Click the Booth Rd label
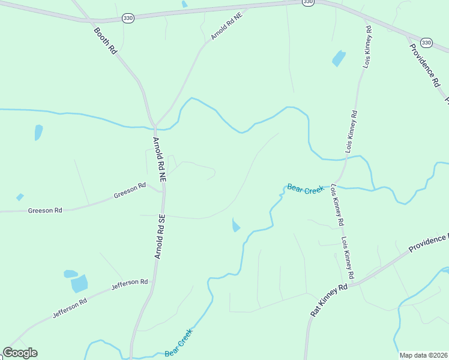tap(104, 41)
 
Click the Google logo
tap(20, 353)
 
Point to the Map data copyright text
tap(423, 355)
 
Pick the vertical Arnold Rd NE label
tap(158, 160)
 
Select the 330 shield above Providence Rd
tap(426, 42)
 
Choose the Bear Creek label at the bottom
tap(178, 343)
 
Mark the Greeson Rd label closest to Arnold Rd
tap(130, 191)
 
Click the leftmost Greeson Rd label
tap(45, 211)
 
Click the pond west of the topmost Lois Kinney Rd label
tap(339, 58)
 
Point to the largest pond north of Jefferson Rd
tap(79, 283)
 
